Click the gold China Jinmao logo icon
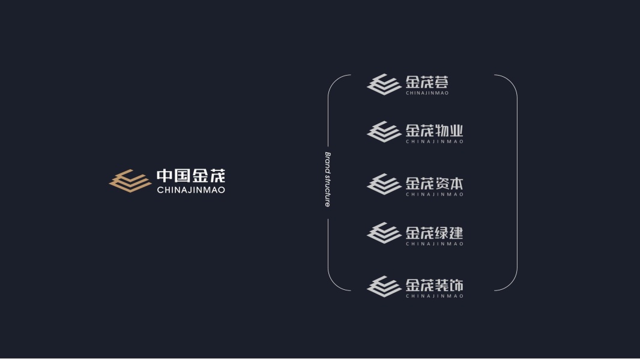coord(130,181)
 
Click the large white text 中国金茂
coord(191,176)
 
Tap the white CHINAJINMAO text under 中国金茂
coord(191,190)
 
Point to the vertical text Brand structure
coord(328,179)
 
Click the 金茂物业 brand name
coord(434,130)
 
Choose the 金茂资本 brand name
coord(434,182)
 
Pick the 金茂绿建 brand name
coord(434,232)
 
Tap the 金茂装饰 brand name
coord(434,284)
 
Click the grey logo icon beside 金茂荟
coord(384,85)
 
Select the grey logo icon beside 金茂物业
coord(384,132)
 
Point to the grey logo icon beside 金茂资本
coord(384,184)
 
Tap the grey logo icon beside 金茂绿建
coord(384,233)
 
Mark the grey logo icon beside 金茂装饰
coord(384,286)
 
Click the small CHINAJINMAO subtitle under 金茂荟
coord(427,93)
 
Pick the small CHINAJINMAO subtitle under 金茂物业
coord(434,142)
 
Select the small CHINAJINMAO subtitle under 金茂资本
coord(434,194)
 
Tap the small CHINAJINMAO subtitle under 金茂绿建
coord(434,244)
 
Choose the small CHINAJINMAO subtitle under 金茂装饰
coord(434,296)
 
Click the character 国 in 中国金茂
coord(183,176)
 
